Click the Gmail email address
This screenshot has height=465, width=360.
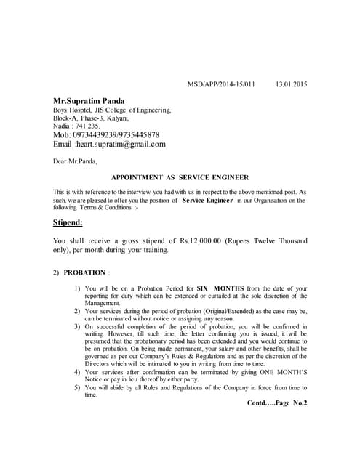coord(121,144)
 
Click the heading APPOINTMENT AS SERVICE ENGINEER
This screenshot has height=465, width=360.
coord(180,177)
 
